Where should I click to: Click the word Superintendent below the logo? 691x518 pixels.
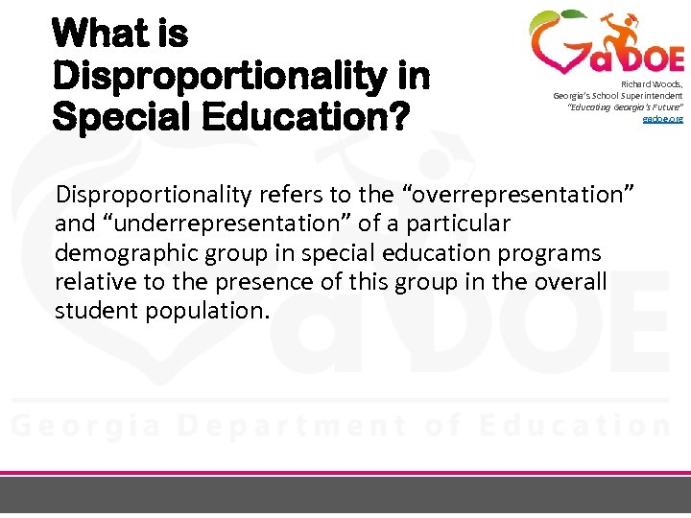650,96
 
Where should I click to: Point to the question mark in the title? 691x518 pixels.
398,118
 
